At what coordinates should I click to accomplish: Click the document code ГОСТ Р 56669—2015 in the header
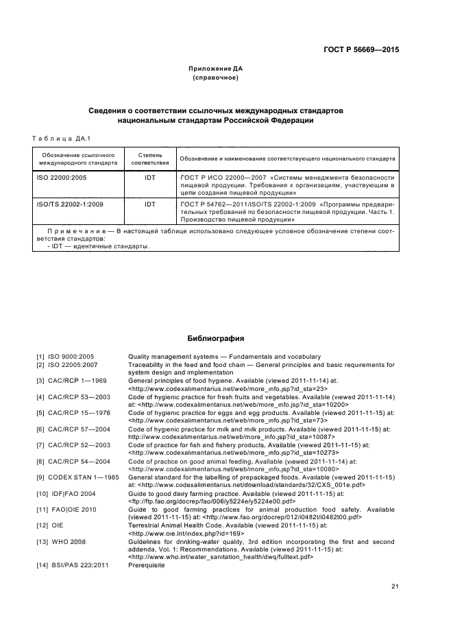tap(360, 50)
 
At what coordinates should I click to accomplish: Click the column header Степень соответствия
tap(150, 159)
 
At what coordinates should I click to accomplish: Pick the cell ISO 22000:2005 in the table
tap(61, 177)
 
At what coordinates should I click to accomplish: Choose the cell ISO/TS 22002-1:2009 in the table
tap(68, 204)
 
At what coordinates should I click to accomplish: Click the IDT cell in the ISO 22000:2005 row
tap(150, 177)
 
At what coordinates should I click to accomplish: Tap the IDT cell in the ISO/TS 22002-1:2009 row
tap(150, 204)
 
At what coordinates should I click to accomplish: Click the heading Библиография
tap(216, 338)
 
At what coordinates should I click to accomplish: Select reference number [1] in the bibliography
tap(40, 357)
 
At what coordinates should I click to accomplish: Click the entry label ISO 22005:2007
tap(73, 364)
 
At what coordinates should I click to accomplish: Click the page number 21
tap(395, 586)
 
